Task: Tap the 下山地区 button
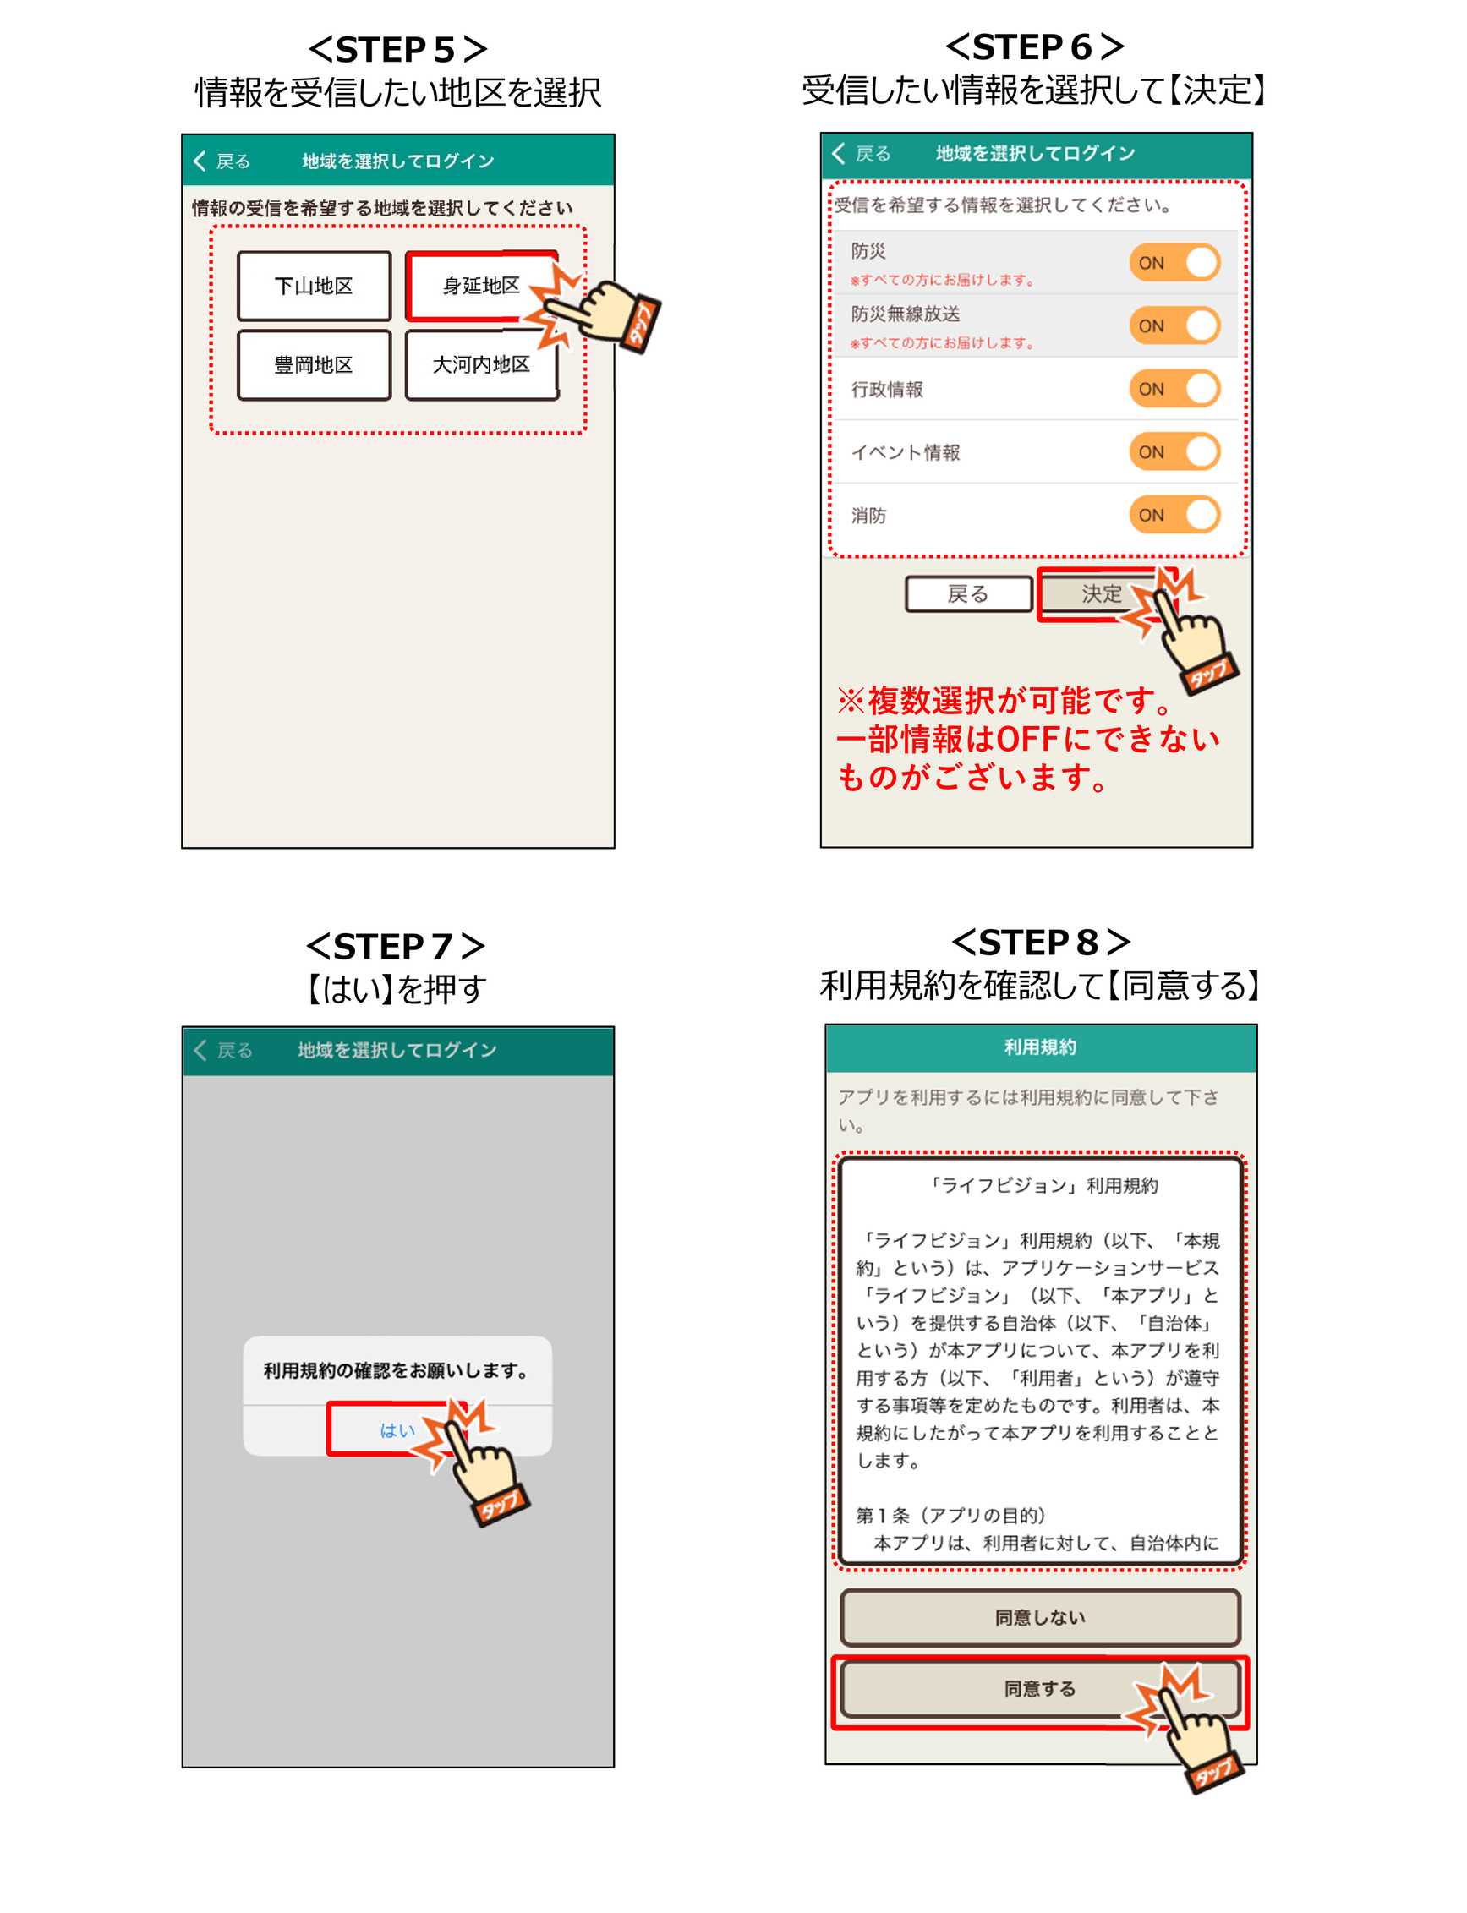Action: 314,287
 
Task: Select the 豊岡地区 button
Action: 314,365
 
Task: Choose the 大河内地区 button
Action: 481,365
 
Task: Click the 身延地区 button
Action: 481,287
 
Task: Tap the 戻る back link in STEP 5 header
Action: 222,161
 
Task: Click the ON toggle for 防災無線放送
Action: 1174,325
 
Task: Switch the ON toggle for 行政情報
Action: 1174,389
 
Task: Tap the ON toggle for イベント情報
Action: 1174,451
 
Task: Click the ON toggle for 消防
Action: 1174,515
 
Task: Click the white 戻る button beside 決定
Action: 968,594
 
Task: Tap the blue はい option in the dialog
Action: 397,1430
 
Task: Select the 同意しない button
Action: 1040,1618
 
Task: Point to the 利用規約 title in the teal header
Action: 1040,1047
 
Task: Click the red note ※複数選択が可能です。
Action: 1004,700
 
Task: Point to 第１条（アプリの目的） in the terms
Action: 951,1516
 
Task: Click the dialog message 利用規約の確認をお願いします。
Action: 397,1371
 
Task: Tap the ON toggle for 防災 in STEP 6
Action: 1174,263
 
